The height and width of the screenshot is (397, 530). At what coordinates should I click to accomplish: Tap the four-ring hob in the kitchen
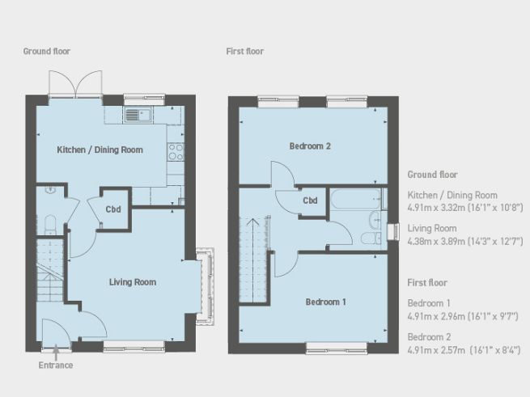[174, 150]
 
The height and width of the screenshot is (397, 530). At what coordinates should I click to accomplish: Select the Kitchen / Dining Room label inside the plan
[100, 150]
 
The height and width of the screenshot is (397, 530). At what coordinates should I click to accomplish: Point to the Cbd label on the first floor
[310, 201]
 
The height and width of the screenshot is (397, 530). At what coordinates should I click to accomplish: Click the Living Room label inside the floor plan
[133, 282]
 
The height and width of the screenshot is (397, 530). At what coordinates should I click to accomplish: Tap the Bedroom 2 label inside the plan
[311, 146]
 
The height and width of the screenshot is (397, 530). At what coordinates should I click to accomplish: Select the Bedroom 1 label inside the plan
[325, 302]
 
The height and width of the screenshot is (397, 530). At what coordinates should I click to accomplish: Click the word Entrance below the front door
[55, 365]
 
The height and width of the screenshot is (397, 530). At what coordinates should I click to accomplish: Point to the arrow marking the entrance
[55, 352]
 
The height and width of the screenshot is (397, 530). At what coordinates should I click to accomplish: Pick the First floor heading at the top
[245, 52]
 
